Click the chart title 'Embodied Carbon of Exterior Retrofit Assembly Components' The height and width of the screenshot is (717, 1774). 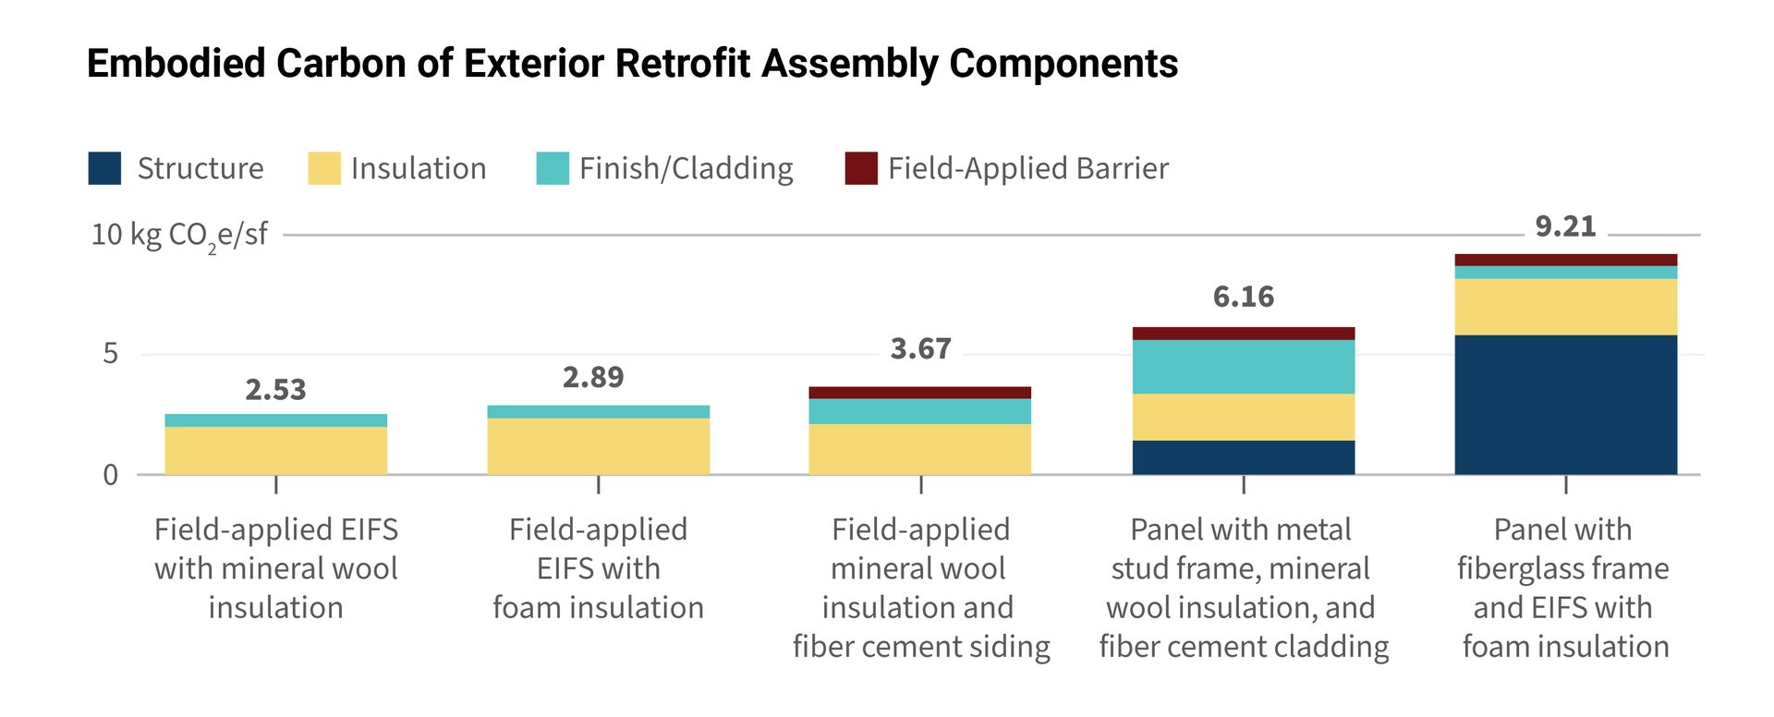(x=632, y=64)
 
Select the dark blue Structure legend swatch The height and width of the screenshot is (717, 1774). (x=104, y=168)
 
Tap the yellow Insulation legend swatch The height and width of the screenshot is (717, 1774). (x=324, y=168)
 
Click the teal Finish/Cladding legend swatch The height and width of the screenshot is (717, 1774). (x=553, y=168)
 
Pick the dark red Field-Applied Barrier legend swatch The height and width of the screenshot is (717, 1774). (x=861, y=168)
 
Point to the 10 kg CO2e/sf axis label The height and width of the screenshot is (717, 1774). (x=179, y=236)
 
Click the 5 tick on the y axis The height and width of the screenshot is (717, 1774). (x=111, y=354)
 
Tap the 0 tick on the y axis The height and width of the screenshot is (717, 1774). (x=111, y=475)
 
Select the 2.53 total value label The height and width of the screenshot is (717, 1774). (x=275, y=390)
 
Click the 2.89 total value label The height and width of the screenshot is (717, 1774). (x=593, y=377)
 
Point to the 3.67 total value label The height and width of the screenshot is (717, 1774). (x=920, y=348)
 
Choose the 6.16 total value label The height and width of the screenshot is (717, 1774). (x=1244, y=297)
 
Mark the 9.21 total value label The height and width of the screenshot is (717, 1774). (x=1565, y=226)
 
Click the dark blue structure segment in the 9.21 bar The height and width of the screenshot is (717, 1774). (x=1566, y=405)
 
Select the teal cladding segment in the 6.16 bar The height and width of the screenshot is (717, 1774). (x=1244, y=367)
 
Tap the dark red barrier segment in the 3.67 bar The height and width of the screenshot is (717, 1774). (x=920, y=393)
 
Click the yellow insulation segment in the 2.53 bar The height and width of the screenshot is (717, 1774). (x=275, y=451)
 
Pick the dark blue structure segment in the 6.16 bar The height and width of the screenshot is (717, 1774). (x=1244, y=457)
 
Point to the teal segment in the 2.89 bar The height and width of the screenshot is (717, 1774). (x=599, y=412)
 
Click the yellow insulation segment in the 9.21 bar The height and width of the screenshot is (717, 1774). (x=1566, y=307)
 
